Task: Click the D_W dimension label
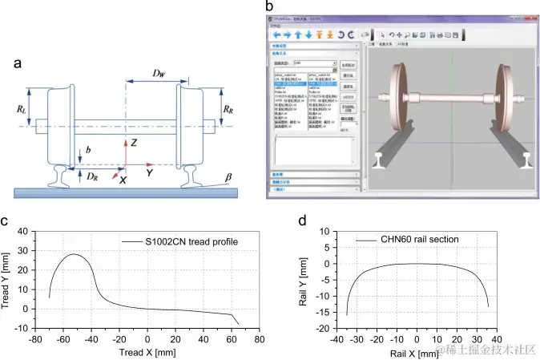(159, 74)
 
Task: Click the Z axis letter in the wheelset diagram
(135, 143)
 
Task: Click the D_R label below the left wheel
(92, 175)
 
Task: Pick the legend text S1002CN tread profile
(192, 242)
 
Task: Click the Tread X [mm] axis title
(147, 350)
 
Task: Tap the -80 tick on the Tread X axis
(35, 339)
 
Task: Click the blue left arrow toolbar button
(277, 35)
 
